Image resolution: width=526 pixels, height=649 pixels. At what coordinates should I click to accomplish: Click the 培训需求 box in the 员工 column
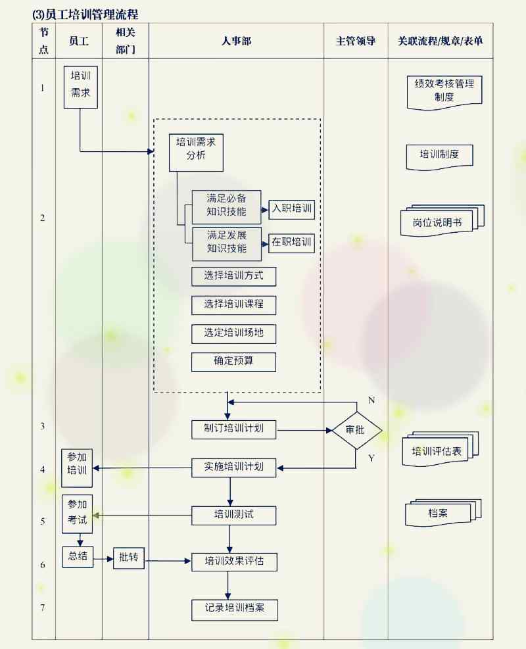(80, 87)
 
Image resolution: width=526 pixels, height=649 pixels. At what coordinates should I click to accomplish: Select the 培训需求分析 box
(196, 148)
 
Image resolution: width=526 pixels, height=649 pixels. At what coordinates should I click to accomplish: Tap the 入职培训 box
(292, 210)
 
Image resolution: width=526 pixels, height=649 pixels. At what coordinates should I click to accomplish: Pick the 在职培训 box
(292, 243)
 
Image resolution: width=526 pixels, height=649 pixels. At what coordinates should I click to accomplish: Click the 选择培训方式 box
(233, 276)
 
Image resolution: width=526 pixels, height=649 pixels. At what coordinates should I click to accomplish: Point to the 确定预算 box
(233, 362)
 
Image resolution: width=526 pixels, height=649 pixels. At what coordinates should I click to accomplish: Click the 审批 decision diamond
(356, 430)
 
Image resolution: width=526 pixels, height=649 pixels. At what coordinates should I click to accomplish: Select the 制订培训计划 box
(233, 429)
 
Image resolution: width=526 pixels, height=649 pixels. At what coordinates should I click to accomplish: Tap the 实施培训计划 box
(233, 467)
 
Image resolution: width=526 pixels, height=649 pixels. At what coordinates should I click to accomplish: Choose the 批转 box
(128, 558)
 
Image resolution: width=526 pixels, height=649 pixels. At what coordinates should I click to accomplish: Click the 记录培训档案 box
(233, 609)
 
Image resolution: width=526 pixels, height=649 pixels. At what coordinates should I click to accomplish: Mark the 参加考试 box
(78, 513)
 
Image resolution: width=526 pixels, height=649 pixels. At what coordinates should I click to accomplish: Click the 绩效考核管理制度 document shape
(444, 91)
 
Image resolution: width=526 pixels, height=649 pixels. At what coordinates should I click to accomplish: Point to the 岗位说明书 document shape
(441, 222)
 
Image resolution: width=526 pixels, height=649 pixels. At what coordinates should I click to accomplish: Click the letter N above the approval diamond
(371, 400)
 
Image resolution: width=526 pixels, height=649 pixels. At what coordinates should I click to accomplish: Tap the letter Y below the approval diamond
(371, 458)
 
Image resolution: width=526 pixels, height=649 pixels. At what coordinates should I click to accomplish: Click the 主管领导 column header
(355, 41)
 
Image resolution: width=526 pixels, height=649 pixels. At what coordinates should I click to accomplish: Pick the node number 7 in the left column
(43, 608)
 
